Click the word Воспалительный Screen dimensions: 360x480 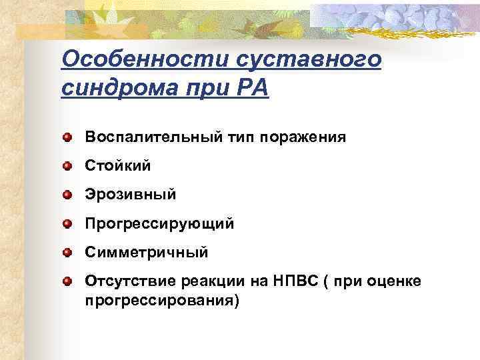[x=147, y=137]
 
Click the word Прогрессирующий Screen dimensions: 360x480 [x=159, y=223]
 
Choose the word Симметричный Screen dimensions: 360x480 [x=147, y=253]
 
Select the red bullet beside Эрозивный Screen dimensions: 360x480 [x=68, y=194]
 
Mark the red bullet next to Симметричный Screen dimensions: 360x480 [x=68, y=252]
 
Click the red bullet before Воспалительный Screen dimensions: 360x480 [x=68, y=137]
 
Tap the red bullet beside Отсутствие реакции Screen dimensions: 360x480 [x=68, y=281]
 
